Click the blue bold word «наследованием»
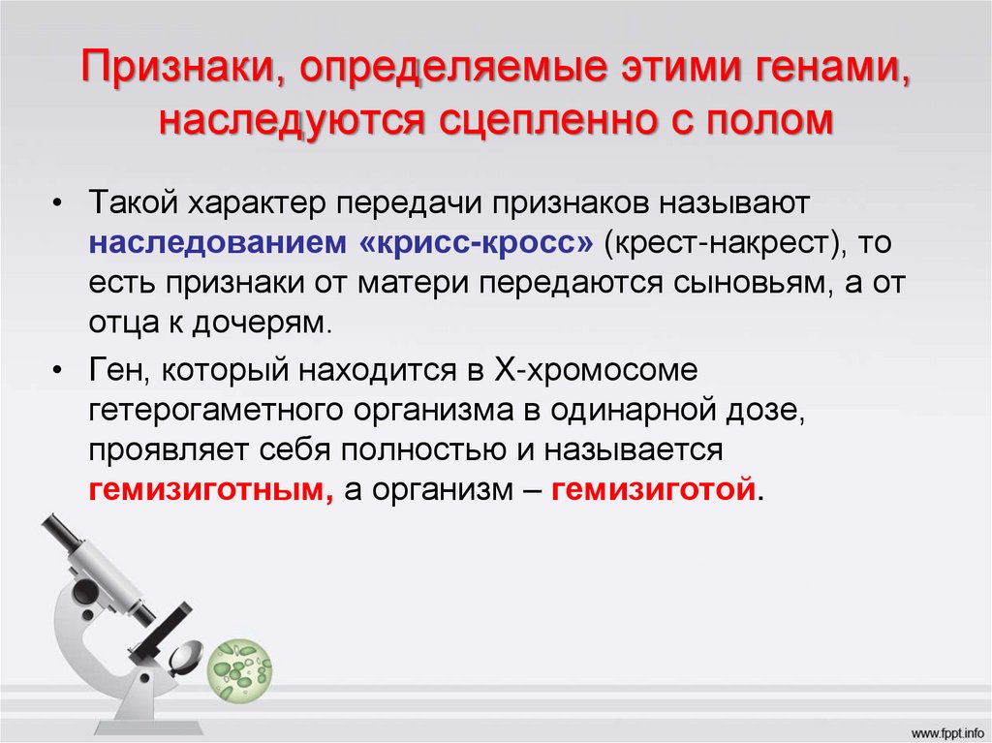217,243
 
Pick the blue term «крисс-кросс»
476,243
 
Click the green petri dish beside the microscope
241,666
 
